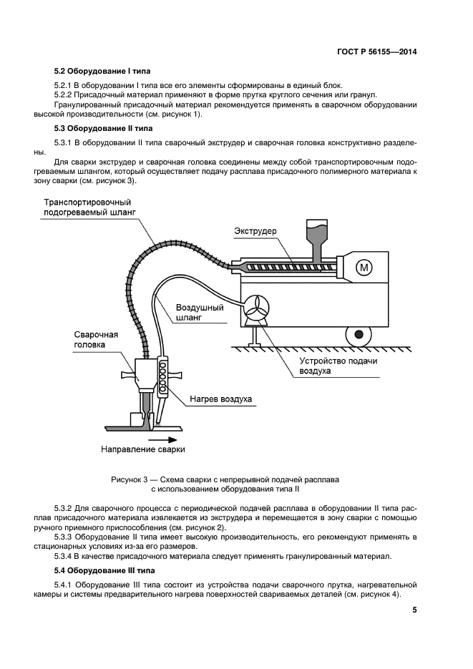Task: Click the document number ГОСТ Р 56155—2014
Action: (377, 52)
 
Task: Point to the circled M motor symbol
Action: (364, 268)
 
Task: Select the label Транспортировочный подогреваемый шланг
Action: (88, 207)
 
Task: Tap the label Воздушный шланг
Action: (200, 313)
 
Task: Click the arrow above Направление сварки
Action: (159, 439)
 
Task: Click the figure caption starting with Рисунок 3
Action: (225, 484)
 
